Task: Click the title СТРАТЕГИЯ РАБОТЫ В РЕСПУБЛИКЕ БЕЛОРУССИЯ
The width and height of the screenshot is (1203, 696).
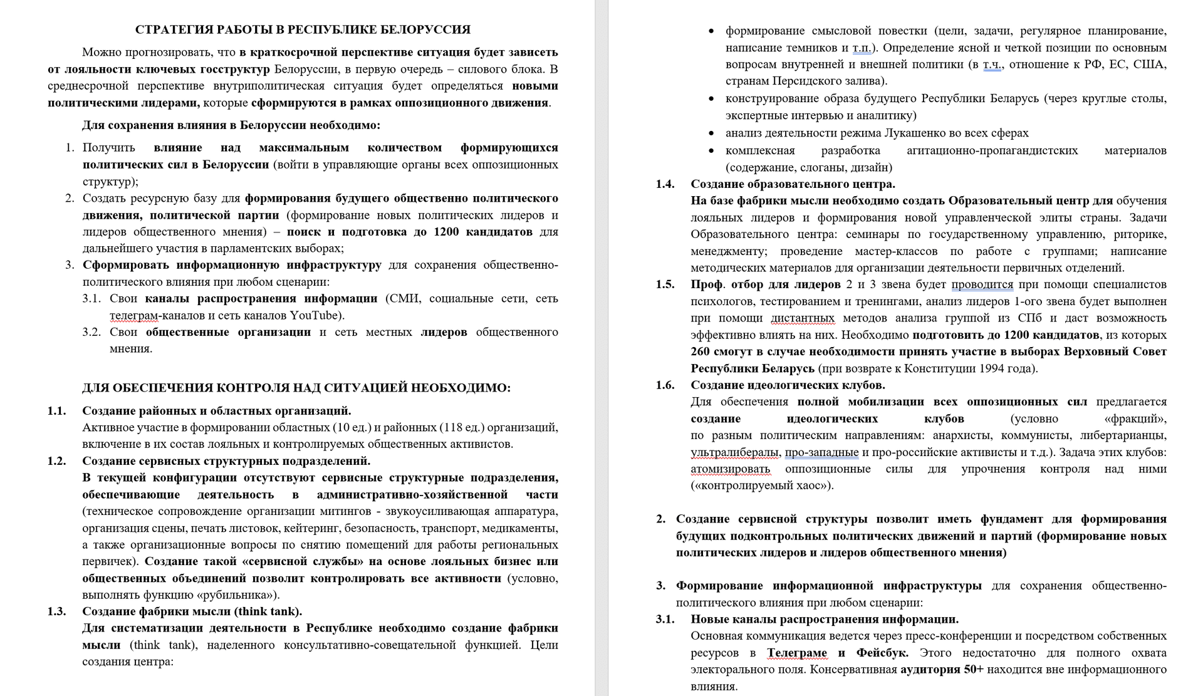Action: [x=303, y=29]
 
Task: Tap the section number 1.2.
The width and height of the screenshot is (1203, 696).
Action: [x=56, y=461]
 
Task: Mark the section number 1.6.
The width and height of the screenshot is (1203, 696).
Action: [x=665, y=385]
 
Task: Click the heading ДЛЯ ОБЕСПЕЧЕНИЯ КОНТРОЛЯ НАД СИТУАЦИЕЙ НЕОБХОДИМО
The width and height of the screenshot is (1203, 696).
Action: [x=296, y=388]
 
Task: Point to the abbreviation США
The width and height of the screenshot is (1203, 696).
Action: [x=1150, y=64]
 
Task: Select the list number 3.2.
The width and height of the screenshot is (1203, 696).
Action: [x=91, y=332]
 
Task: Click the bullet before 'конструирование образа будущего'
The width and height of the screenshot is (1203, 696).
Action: [x=711, y=99]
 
